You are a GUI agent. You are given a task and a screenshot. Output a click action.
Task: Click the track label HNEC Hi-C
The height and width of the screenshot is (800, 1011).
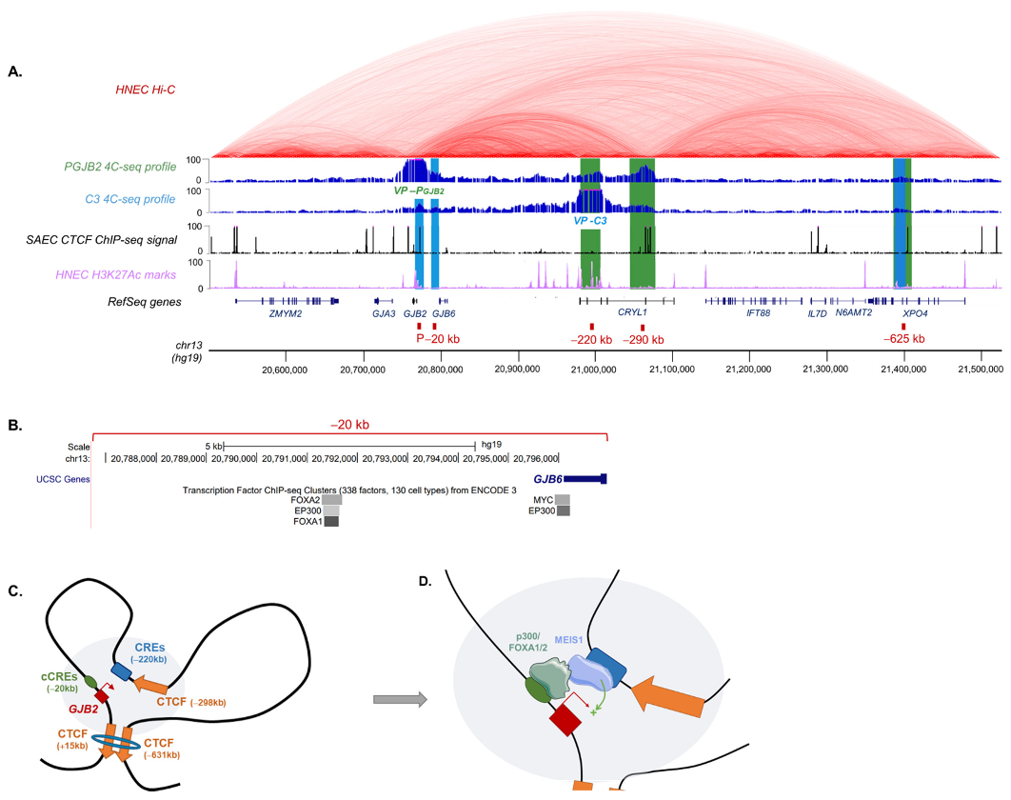pos(149,90)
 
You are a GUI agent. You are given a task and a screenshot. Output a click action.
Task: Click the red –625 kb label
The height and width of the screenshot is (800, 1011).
pos(903,339)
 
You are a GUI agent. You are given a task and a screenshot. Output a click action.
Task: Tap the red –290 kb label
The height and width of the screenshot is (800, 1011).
pos(644,340)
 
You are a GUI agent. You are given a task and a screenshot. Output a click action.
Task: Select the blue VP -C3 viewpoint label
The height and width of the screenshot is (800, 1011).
pos(590,220)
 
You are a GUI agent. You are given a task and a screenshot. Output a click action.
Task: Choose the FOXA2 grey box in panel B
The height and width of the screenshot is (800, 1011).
pos(331,499)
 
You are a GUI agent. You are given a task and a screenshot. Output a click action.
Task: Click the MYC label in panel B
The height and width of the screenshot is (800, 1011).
pos(543,499)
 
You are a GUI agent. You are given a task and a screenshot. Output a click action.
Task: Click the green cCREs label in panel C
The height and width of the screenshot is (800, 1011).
pos(53,664)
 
